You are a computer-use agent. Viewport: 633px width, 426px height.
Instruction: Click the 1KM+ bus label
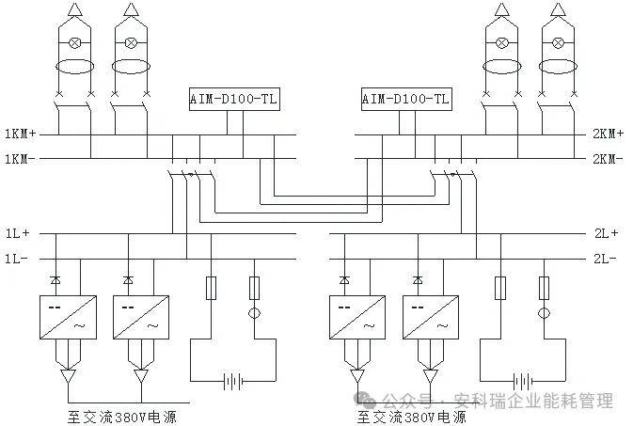point(20,134)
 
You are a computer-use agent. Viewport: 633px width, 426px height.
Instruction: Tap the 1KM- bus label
point(20,159)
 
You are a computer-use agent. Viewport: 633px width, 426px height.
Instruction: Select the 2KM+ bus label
point(608,134)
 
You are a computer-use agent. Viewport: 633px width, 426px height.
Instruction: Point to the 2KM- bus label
point(608,159)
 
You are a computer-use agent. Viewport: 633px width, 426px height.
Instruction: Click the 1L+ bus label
point(17,233)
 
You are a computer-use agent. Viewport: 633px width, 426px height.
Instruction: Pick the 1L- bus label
point(17,259)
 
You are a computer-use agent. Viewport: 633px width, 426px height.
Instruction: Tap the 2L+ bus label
point(606,233)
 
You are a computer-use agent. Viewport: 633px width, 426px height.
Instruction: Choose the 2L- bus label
point(605,259)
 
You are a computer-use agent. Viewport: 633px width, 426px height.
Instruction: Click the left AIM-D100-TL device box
point(234,99)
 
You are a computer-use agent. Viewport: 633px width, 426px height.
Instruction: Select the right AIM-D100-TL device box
point(406,99)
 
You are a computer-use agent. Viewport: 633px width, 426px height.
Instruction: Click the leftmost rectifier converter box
point(68,317)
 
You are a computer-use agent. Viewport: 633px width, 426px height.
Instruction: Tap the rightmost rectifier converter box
point(431,317)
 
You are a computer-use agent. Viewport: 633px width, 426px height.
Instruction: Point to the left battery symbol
point(233,381)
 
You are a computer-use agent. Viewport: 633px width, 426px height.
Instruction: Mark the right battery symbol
point(523,381)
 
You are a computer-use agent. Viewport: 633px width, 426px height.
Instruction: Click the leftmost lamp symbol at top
point(74,42)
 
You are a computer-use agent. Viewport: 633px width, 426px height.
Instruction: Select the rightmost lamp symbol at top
point(558,42)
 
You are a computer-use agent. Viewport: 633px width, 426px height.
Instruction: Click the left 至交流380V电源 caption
point(122,418)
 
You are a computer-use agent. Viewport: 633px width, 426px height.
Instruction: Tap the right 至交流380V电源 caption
point(412,418)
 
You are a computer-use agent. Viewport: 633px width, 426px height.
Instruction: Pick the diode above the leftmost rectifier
point(55,279)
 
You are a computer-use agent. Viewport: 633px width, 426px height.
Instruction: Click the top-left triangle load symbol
point(74,9)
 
